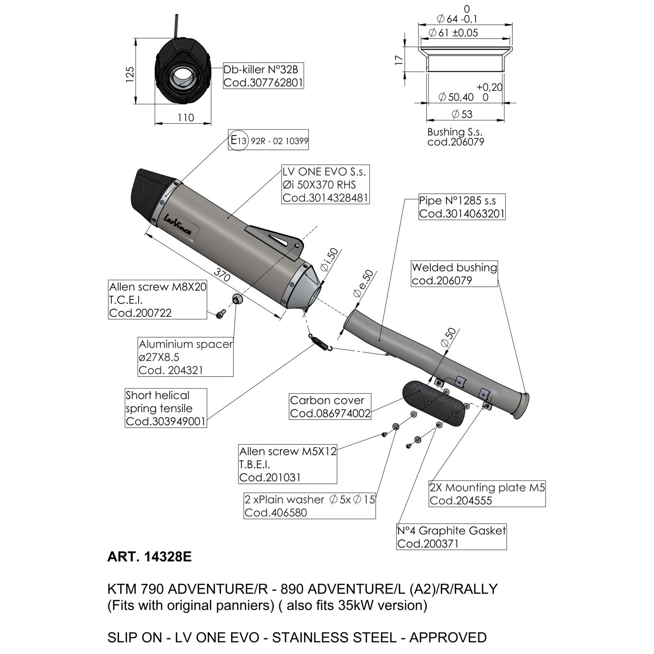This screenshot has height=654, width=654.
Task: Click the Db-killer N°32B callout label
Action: tap(263, 76)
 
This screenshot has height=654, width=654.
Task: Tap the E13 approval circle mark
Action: tap(238, 140)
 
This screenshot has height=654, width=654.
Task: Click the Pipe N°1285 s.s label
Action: tap(462, 207)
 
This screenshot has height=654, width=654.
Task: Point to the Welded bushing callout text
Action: tap(454, 274)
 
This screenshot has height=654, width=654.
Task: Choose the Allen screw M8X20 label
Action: tap(157, 300)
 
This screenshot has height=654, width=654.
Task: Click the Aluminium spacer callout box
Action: tap(186, 357)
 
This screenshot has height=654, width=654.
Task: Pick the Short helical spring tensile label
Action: tap(166, 408)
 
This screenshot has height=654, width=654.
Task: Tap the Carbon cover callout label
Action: tap(330, 406)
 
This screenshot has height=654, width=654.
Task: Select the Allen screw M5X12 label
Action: tap(288, 464)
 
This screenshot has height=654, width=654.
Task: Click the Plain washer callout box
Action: tap(310, 506)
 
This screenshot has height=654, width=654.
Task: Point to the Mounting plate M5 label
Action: tap(487, 494)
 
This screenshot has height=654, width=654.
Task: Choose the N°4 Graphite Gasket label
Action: tap(451, 537)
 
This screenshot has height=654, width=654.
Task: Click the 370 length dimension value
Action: tap(222, 276)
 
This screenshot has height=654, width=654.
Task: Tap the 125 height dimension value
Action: tap(129, 75)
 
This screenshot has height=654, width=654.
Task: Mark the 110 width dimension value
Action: tap(186, 117)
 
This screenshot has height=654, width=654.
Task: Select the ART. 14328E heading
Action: tap(149, 557)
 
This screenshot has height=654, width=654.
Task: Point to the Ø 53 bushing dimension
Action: tap(462, 114)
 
